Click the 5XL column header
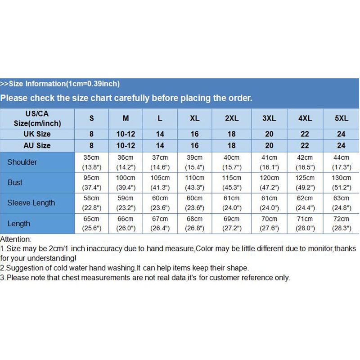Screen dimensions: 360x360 342,118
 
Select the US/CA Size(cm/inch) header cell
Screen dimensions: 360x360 37,118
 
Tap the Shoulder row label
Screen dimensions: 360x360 22,162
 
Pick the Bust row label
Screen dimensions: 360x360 15,183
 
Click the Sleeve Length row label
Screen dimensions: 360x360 31,203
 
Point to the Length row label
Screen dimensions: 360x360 19,224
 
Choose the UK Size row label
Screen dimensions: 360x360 37,134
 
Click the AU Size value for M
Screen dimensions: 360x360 126,146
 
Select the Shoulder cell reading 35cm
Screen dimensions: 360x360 92,162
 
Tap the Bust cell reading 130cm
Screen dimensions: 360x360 342,183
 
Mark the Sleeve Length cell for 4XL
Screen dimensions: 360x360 305,203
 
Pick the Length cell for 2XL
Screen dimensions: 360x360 232,224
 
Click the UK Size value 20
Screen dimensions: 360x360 269,134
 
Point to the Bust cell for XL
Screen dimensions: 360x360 194,183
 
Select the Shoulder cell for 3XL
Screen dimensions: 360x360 269,162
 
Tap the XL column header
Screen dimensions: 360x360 194,118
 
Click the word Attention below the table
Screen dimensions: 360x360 15,239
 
